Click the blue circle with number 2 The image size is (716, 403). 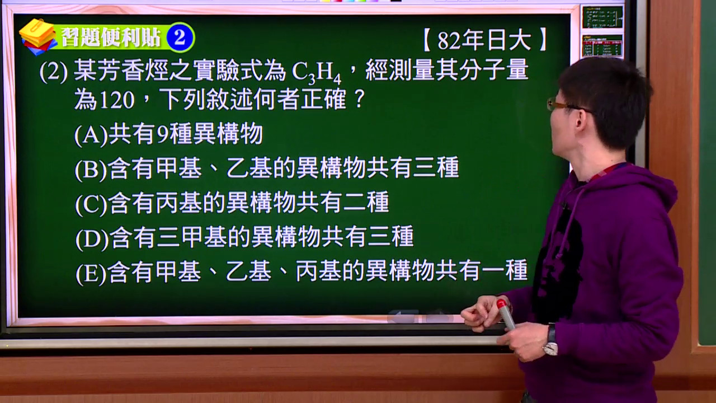tap(180, 38)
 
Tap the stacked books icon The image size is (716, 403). tap(37, 37)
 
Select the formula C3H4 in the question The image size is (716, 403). tap(316, 72)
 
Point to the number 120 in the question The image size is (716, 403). tap(117, 100)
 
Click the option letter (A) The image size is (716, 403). tap(91, 135)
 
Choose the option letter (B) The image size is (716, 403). tap(91, 170)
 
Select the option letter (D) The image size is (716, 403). tap(92, 239)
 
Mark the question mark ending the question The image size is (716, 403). tap(360, 99)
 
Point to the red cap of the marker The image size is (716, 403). tap(502, 304)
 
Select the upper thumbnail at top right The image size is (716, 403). tap(602, 17)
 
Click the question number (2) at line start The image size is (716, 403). tap(53, 72)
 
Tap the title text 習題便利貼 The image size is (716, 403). tap(111, 38)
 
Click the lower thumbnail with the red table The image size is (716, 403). tap(602, 46)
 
